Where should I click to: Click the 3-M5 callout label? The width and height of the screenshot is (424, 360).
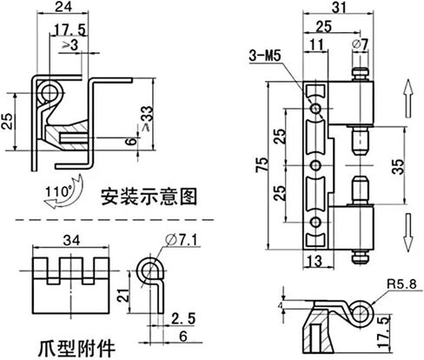(x=265, y=56)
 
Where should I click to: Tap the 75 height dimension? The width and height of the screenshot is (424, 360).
(x=262, y=165)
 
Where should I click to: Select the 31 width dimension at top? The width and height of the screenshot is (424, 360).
(x=339, y=8)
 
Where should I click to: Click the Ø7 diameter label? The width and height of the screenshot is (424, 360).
(x=360, y=44)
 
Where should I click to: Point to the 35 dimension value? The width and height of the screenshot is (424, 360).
(x=399, y=167)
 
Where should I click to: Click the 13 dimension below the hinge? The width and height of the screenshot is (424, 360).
(x=315, y=261)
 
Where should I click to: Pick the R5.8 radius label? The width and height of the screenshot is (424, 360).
(x=401, y=284)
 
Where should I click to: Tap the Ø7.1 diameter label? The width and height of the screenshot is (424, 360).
(x=182, y=240)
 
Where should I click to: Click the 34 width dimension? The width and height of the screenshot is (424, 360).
(x=72, y=240)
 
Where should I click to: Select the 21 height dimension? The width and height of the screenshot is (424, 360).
(x=123, y=295)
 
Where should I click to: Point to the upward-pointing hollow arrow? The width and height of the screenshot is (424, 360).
(x=408, y=98)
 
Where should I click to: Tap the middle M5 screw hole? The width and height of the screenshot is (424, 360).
(x=315, y=165)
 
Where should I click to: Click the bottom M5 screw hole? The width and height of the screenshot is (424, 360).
(x=315, y=223)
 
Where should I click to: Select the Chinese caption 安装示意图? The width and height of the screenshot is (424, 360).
(x=149, y=197)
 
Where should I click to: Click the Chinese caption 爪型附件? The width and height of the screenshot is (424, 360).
(x=76, y=349)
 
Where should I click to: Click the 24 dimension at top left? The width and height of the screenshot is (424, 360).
(x=63, y=7)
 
